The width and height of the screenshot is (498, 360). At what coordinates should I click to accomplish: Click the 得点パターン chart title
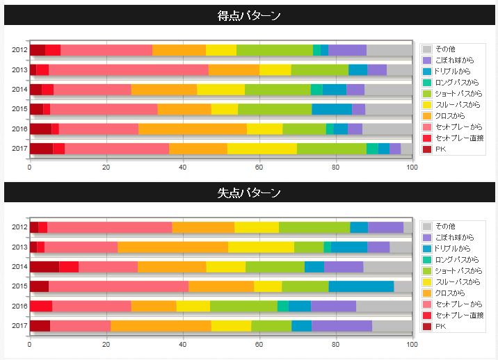click(249, 15)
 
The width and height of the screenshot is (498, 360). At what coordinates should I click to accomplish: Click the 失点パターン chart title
click(249, 193)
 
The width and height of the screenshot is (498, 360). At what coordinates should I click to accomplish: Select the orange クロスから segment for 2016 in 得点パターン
click(193, 129)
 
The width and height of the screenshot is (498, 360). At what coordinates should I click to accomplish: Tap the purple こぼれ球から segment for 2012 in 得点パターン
click(348, 50)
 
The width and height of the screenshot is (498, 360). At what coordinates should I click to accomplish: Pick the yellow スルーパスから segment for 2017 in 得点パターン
click(262, 149)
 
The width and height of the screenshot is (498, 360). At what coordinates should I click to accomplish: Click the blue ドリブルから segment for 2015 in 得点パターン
click(332, 109)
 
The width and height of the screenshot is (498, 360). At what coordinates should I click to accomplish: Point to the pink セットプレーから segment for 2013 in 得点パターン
click(129, 69)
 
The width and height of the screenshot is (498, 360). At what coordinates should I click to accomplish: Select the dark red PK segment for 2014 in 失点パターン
click(45, 267)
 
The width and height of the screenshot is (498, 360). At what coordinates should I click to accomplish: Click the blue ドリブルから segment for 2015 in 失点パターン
click(362, 286)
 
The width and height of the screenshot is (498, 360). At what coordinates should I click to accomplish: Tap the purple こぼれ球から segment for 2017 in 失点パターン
click(342, 326)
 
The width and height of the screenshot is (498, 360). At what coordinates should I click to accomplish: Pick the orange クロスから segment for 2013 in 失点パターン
click(172, 247)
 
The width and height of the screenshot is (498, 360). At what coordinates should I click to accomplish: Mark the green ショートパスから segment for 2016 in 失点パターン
click(243, 306)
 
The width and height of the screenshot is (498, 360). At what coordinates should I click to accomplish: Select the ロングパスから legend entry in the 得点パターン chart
click(451, 83)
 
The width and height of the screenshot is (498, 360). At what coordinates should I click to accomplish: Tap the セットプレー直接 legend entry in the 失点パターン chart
click(453, 316)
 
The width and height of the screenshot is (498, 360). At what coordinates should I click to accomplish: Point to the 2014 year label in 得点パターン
click(19, 90)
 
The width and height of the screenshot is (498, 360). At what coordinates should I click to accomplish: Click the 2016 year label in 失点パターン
click(19, 306)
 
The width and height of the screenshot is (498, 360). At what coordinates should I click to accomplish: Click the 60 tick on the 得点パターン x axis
click(259, 167)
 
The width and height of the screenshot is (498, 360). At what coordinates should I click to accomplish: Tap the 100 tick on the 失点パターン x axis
click(412, 345)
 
